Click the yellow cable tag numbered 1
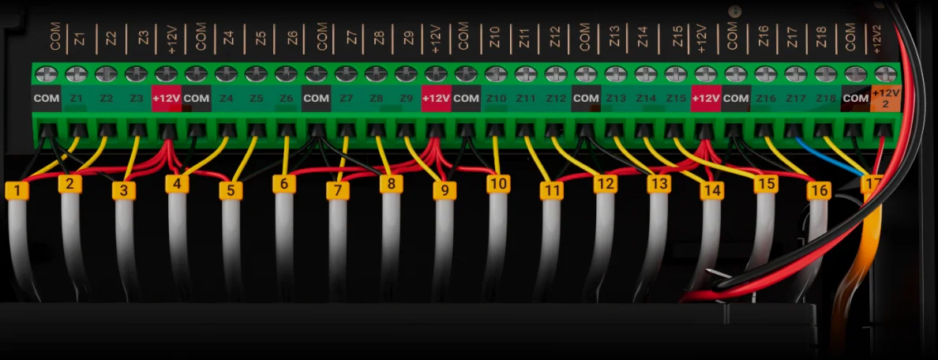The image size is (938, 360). pyautogui.click(x=17, y=191)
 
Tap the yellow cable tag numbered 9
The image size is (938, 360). pyautogui.click(x=445, y=190)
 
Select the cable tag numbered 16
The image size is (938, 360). pyautogui.click(x=819, y=191)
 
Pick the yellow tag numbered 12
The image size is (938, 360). pyautogui.click(x=605, y=184)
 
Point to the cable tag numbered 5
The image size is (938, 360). pyautogui.click(x=231, y=191)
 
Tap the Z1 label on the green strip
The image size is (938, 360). pyautogui.click(x=77, y=99)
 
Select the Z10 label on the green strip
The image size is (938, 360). pyautogui.click(x=496, y=99)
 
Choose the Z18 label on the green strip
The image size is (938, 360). pyautogui.click(x=826, y=99)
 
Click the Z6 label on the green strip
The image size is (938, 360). pyautogui.click(x=287, y=99)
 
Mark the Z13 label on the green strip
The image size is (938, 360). pyautogui.click(x=616, y=99)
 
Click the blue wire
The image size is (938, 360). pyautogui.click(x=829, y=157)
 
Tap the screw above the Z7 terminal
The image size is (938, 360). pyautogui.click(x=346, y=74)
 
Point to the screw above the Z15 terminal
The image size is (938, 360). pyautogui.click(x=676, y=74)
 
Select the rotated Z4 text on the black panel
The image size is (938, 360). pyautogui.click(x=228, y=38)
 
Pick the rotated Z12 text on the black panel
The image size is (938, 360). pyautogui.click(x=555, y=38)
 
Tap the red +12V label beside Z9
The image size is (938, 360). pyautogui.click(x=436, y=99)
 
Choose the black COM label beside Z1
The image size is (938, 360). pyautogui.click(x=47, y=99)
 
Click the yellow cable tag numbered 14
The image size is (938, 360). pyautogui.click(x=712, y=191)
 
